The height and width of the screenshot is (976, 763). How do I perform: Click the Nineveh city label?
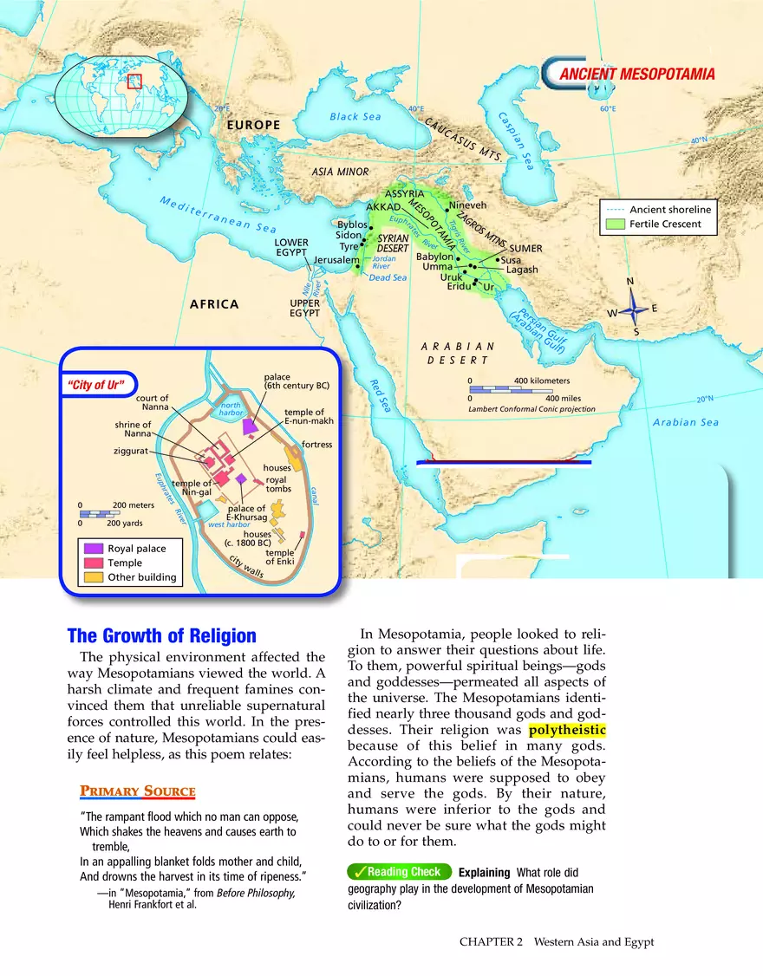coord(469,205)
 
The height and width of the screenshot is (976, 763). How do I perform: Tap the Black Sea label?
coord(355,117)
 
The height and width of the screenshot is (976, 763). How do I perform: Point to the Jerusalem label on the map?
coord(336,260)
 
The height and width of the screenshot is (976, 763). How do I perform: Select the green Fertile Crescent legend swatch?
coord(615,224)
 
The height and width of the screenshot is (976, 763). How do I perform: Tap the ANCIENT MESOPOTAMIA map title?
coord(637,75)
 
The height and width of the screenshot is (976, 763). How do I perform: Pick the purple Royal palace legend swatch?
coord(95,549)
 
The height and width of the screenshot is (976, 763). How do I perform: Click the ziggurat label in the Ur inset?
coord(130,452)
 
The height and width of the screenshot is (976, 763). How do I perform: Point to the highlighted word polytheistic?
coord(567,730)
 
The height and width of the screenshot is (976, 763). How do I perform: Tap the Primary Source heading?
coord(137,791)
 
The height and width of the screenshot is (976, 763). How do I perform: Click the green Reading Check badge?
coord(398,872)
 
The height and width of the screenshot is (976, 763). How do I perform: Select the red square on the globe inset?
coord(134,81)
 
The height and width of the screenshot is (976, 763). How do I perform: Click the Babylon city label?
coord(434,257)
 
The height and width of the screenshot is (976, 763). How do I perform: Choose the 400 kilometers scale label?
coord(542,381)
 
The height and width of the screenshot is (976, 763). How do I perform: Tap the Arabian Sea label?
coord(686,422)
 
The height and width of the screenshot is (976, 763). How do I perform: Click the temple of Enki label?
coord(280,556)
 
